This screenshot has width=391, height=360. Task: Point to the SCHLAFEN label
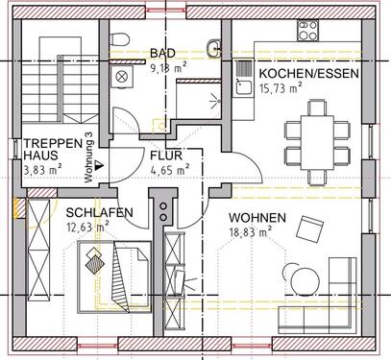click(93, 214)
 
